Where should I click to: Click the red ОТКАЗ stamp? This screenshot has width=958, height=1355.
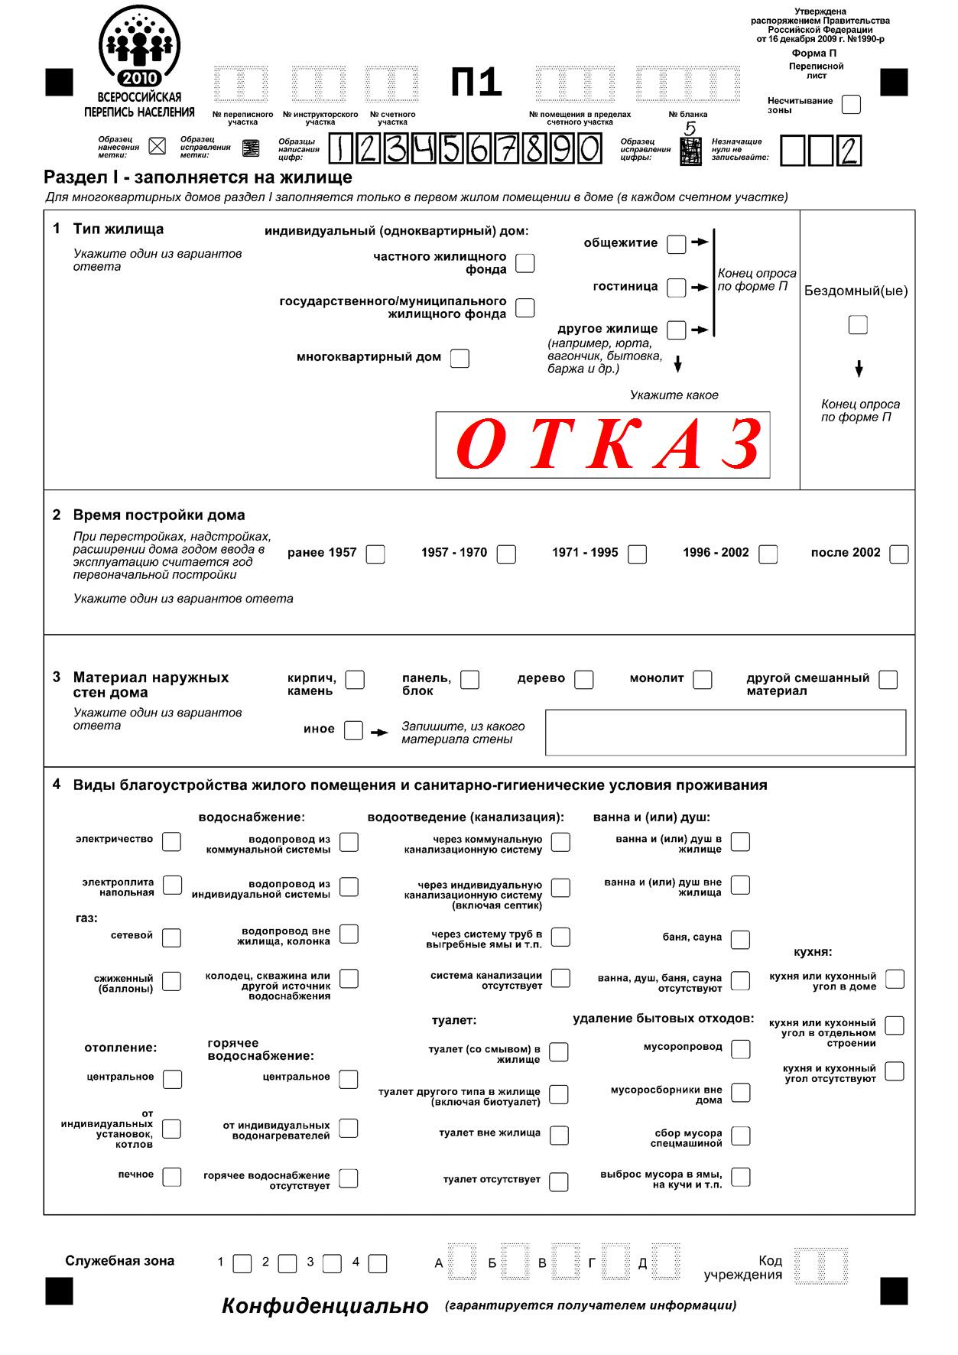click(x=602, y=444)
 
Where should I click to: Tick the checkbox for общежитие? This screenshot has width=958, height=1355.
click(x=676, y=245)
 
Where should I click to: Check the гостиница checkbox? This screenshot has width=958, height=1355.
click(x=676, y=288)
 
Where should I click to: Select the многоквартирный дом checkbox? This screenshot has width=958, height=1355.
click(x=460, y=358)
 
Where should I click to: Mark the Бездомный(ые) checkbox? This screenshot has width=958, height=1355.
click(x=858, y=325)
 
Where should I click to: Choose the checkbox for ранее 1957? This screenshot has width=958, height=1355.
click(x=375, y=554)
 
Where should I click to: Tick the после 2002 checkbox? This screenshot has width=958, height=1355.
click(x=899, y=554)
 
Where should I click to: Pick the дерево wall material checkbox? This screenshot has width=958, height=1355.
click(x=584, y=680)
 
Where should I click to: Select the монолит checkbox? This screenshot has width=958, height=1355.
click(x=702, y=680)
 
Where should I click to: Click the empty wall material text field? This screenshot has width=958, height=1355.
click(x=725, y=733)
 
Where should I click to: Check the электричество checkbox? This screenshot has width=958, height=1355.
click(x=172, y=841)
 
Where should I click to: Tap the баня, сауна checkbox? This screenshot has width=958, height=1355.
click(x=740, y=939)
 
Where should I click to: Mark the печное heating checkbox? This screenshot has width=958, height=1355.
click(x=172, y=1177)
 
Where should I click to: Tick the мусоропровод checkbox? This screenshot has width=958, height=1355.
click(x=740, y=1049)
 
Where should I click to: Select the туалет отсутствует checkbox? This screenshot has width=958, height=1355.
click(x=559, y=1181)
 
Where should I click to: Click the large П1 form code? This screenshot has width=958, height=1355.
click(x=476, y=83)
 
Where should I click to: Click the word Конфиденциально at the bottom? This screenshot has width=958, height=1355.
click(x=325, y=1306)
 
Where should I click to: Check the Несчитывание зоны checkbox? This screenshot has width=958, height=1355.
click(x=850, y=105)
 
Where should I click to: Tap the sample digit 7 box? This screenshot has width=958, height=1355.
click(x=506, y=149)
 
